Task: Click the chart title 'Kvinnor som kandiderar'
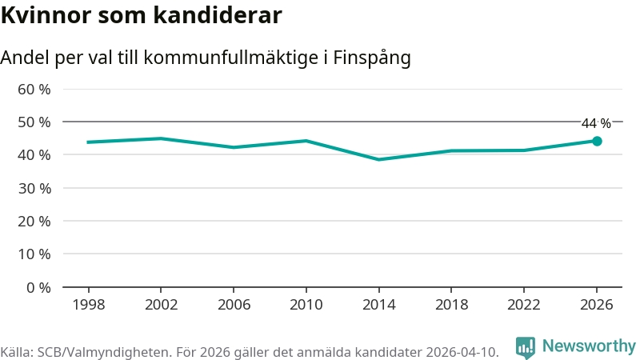coord(141,15)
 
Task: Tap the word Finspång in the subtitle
coord(372,58)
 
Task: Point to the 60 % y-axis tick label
coord(34,89)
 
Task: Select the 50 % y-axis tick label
coord(34,122)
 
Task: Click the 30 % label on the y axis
coord(34,188)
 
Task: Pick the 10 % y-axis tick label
coord(34,254)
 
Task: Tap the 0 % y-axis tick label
coord(38,287)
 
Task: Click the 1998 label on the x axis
coord(88,305)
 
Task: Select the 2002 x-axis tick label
coord(161,305)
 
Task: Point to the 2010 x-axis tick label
coord(306,305)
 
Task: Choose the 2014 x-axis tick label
coord(378,305)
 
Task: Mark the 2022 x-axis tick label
coord(523,305)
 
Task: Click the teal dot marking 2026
coord(597,141)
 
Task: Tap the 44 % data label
coord(596,123)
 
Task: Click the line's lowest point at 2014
coord(378,159)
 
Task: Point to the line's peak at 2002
coord(161,138)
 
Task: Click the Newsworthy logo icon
coord(526,347)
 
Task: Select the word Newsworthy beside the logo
coord(589,346)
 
